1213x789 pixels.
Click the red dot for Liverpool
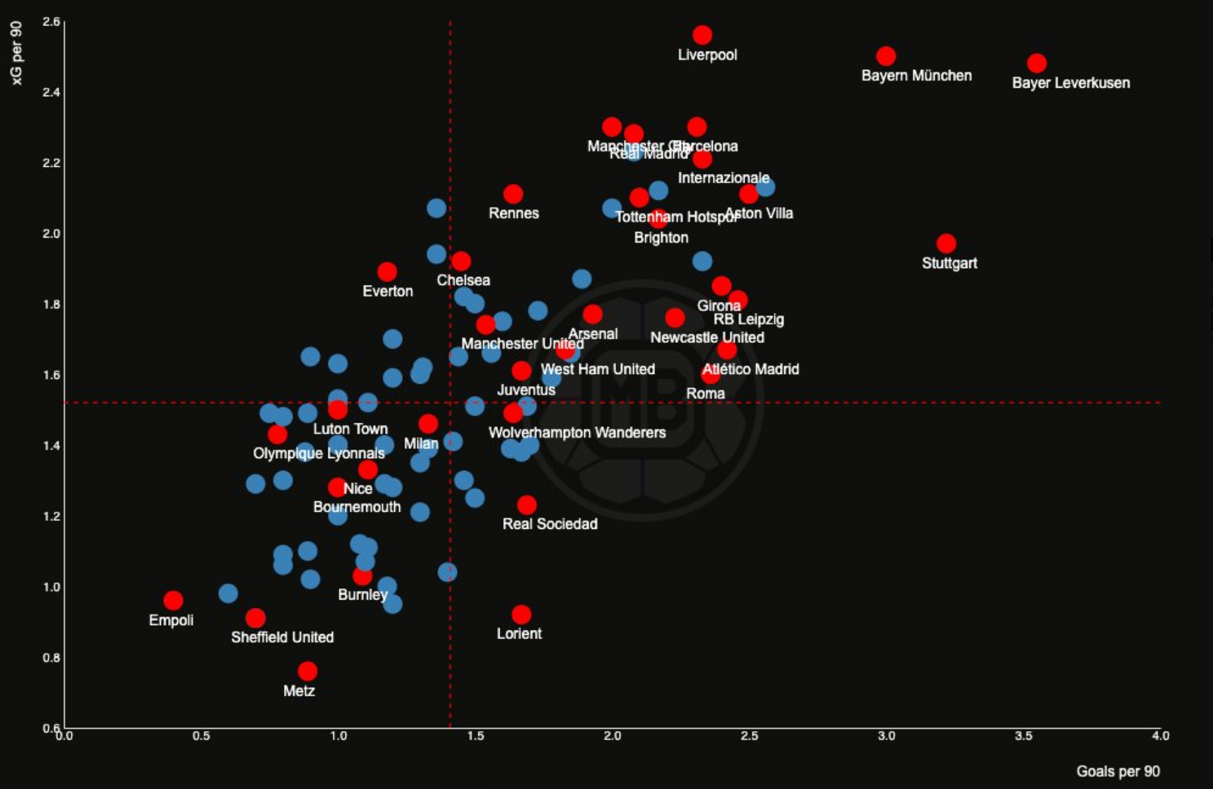pos(702,35)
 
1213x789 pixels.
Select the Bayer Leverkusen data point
pos(1036,63)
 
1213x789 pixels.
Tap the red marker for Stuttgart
pos(946,244)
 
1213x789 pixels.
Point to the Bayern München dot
pos(886,56)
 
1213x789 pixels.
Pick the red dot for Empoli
pos(173,600)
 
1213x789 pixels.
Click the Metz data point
pos(307,671)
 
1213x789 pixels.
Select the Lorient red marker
pos(521,614)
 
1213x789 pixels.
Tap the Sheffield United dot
pos(256,618)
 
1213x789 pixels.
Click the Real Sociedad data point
pos(526,505)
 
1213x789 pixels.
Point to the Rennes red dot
pos(514,194)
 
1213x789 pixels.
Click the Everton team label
pos(388,291)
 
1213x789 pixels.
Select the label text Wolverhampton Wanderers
pos(577,433)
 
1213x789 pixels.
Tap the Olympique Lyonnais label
pos(319,453)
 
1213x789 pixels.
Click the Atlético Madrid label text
pos(750,369)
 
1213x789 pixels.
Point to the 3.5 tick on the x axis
pos(1023,736)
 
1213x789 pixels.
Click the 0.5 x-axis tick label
pos(201,736)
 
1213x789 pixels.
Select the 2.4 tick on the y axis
pos(51,92)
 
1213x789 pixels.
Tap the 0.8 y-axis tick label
pos(51,657)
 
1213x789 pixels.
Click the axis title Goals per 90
pos(1118,771)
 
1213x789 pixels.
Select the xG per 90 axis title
pos(17,53)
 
